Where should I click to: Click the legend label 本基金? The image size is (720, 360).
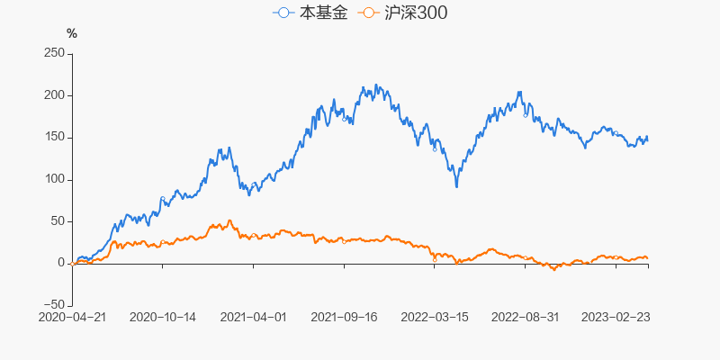(322, 13)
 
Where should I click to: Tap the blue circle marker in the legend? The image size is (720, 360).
(284, 13)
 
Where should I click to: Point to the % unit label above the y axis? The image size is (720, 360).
(72, 34)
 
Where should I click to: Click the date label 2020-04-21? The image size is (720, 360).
(72, 318)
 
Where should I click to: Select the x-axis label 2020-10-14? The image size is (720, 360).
(163, 318)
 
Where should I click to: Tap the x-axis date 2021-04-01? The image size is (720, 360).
(253, 318)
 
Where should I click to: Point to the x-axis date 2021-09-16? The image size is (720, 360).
(344, 318)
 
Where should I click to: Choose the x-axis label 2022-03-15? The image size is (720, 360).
(435, 318)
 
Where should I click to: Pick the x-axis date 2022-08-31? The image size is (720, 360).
(526, 318)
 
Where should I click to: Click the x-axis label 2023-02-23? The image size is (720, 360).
(616, 318)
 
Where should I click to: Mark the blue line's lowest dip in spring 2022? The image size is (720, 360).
(457, 186)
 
